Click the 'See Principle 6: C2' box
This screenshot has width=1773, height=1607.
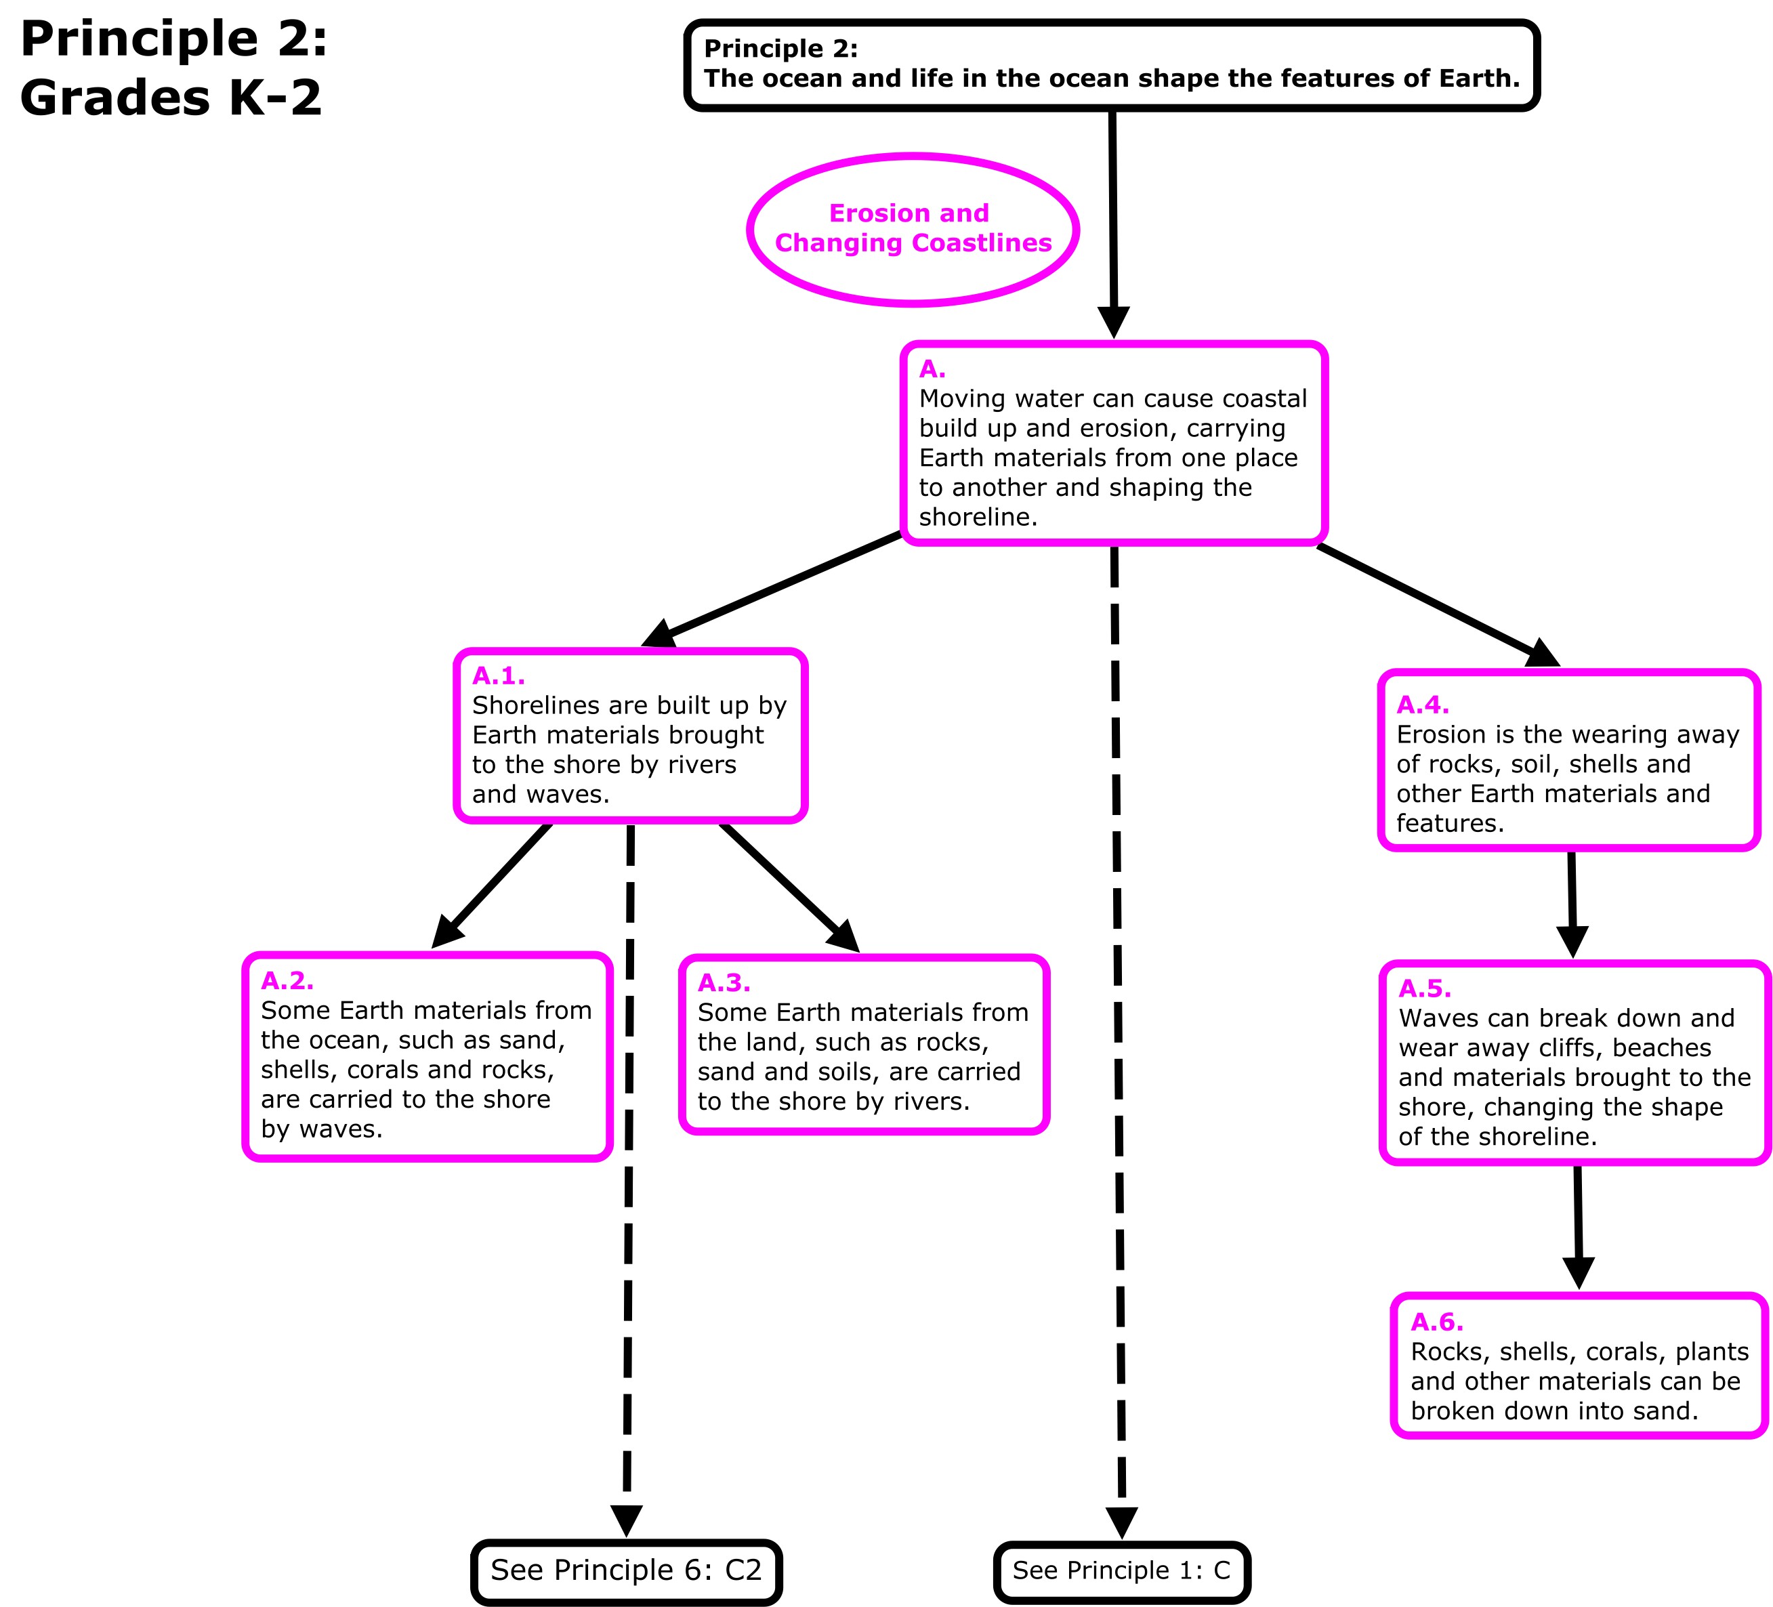626,1570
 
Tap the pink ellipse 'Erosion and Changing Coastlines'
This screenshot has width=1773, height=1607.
913,229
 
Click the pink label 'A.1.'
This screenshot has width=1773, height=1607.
498,675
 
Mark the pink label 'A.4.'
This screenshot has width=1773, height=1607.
1422,705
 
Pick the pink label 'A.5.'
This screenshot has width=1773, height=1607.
1424,988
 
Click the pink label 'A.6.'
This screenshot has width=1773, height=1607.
1436,1322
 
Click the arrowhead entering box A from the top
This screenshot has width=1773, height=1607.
1113,322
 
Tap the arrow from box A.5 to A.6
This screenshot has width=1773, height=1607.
1578,1227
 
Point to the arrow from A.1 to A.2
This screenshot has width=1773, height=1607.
493,885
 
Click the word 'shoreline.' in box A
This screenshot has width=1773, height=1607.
978,517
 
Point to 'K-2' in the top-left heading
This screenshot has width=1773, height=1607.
275,97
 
